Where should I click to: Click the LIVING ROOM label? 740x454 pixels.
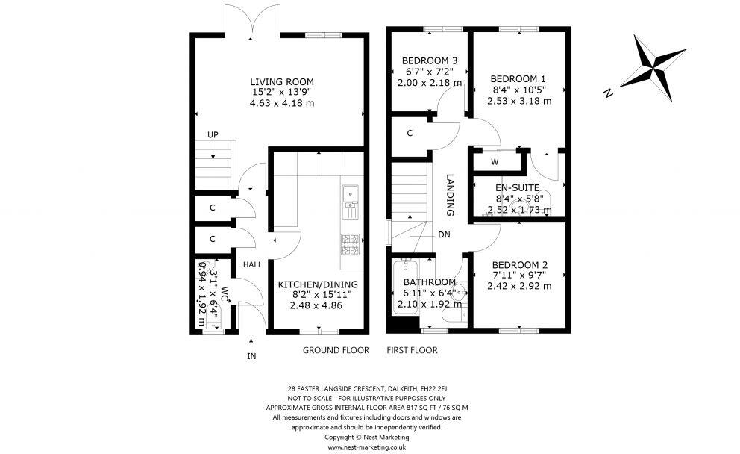point(281,81)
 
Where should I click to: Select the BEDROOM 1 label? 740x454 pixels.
point(518,78)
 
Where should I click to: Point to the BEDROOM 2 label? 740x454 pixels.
point(519,265)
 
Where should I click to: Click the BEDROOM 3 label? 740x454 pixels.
point(429,60)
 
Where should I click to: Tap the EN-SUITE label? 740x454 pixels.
point(519,188)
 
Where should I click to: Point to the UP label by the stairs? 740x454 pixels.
point(213,134)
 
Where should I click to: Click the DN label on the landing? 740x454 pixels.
point(445,234)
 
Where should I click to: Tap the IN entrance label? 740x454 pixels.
point(251,356)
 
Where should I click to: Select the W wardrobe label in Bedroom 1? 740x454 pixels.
point(495,161)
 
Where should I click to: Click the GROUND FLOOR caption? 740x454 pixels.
point(335,350)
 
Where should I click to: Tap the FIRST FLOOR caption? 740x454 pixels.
point(412,350)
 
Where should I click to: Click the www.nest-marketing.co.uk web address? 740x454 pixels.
point(366,447)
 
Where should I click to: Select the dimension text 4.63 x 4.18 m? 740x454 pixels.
point(281,103)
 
